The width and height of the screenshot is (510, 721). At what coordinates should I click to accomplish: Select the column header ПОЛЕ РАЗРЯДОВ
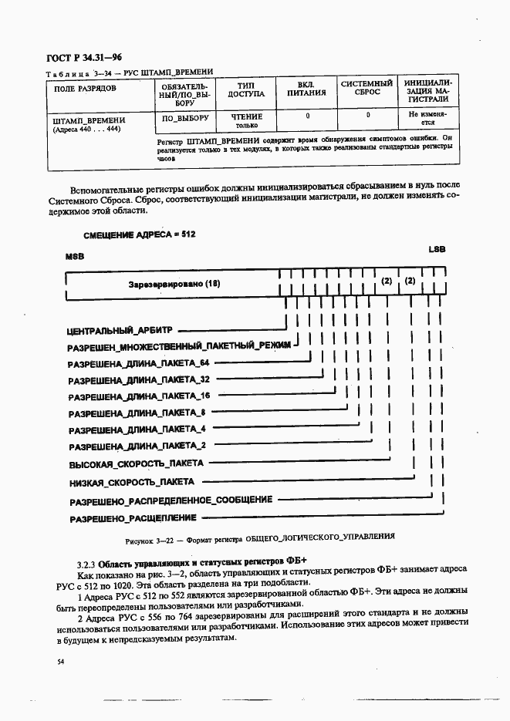coord(85,89)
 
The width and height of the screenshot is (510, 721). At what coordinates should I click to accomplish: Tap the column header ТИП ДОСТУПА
coord(245,89)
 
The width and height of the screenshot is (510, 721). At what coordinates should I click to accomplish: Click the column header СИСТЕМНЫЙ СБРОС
coord(367,87)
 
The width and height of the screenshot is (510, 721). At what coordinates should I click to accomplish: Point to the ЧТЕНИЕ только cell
coord(246,120)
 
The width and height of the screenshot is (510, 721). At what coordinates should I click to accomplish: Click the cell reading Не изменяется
coord(427,118)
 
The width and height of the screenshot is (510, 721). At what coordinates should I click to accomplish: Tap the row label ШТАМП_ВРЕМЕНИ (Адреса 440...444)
coord(89,124)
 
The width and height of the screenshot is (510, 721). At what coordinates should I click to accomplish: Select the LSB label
coord(437,249)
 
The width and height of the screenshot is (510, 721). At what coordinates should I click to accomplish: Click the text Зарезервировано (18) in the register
coord(174,284)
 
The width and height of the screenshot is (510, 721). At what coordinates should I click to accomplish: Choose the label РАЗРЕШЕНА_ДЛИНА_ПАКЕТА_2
coord(137,446)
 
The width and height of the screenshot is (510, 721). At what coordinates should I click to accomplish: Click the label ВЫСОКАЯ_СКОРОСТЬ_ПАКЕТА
coord(137,464)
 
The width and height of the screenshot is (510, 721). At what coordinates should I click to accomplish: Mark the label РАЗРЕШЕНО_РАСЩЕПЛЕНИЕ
coord(133,518)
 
